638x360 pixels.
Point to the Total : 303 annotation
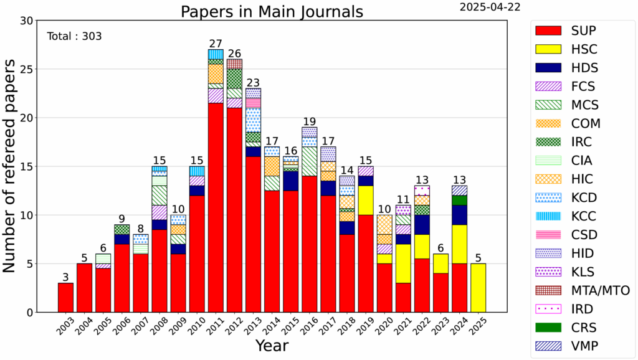point(74,36)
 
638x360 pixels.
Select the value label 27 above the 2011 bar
point(216,44)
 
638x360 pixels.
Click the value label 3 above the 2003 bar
point(65,277)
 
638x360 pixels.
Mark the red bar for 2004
point(85,288)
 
